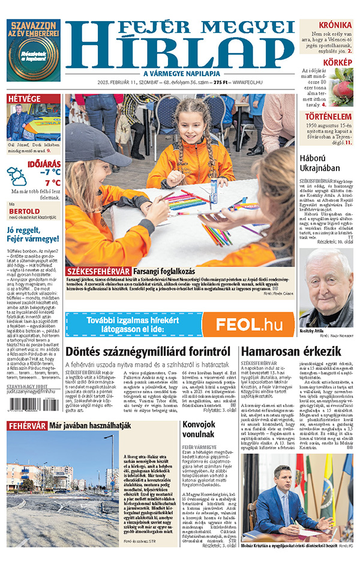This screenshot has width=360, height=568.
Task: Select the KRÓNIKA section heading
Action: (335, 25)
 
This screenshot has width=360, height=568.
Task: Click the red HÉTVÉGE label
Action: (25, 98)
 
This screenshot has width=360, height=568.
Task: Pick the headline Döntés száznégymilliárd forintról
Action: (148, 351)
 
